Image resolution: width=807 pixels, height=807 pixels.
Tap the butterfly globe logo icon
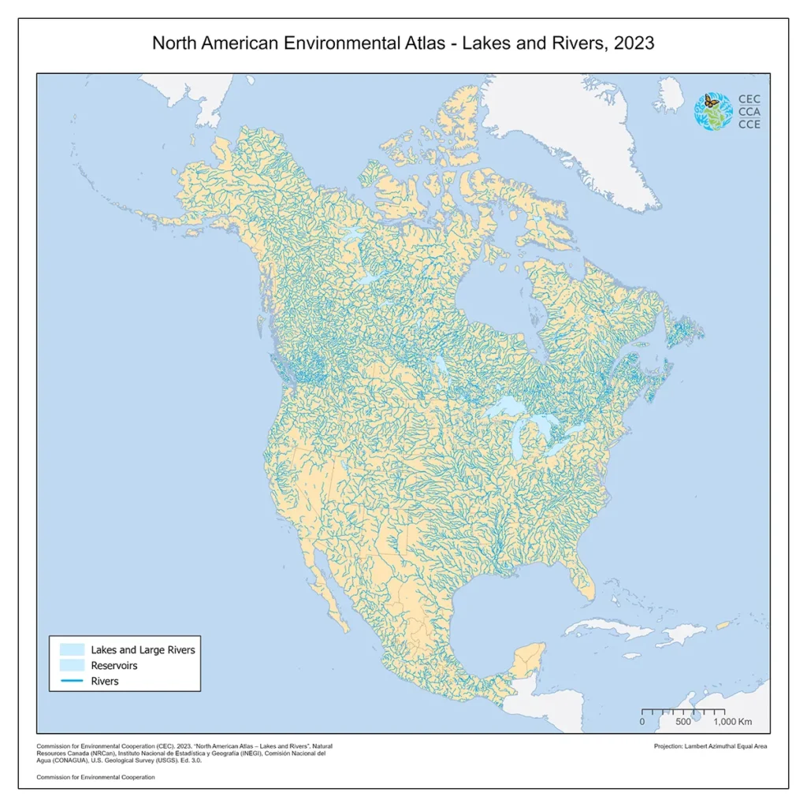712,111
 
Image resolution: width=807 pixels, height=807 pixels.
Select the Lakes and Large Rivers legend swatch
71,649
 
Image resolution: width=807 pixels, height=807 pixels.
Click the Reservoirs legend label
114,665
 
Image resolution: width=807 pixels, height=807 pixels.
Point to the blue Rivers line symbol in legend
71,681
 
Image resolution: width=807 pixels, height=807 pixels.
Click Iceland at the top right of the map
671,95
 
